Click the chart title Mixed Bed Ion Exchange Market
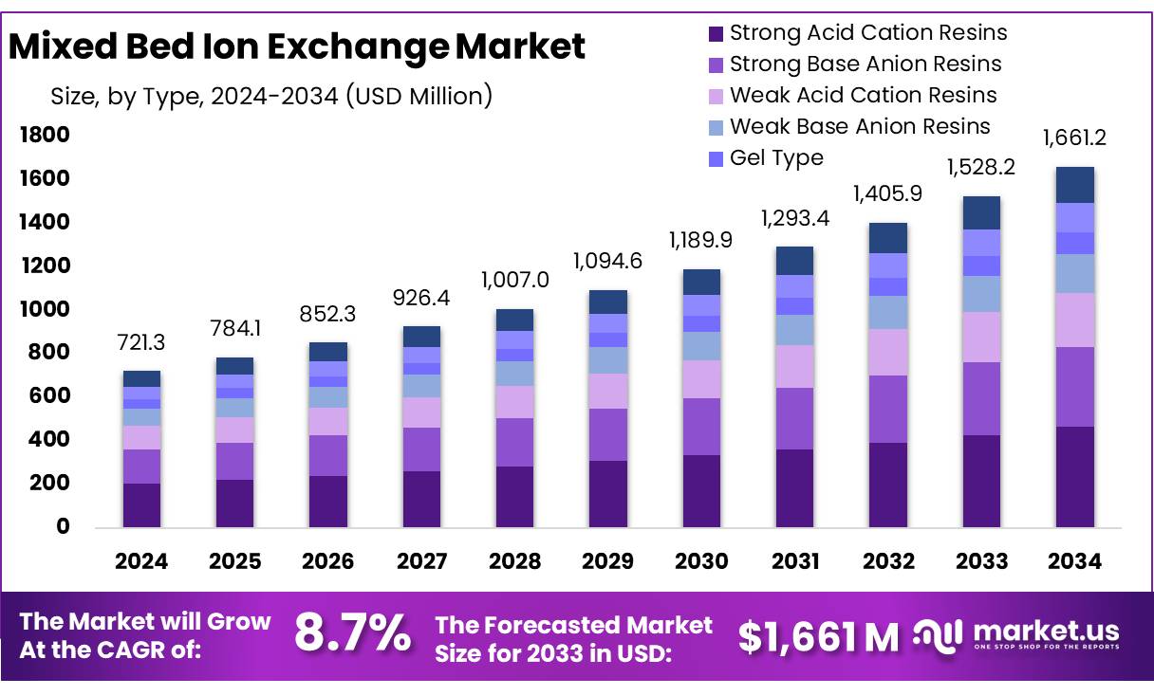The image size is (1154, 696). pos(297,46)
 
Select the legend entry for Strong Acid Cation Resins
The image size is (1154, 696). pos(867,33)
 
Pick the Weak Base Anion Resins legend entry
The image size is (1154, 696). pos(859,126)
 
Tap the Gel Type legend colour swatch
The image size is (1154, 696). pos(716,158)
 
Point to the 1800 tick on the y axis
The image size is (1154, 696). pos(45,136)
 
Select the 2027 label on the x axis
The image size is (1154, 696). pos(421,561)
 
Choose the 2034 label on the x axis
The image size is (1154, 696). pos(1074,561)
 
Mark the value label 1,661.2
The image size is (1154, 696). pos(1074,138)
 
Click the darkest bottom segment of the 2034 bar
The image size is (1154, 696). pos(1074,477)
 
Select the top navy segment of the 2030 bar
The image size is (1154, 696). pos(701,282)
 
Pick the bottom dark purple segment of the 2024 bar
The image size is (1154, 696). pos(141,504)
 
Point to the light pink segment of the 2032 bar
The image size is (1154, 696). pos(887,352)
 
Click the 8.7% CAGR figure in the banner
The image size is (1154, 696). pos(352,633)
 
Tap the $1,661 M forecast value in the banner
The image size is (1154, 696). pos(818,637)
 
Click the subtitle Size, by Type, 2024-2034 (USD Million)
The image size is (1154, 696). pos(270,96)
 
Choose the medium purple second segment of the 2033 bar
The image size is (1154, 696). pos(981,398)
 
